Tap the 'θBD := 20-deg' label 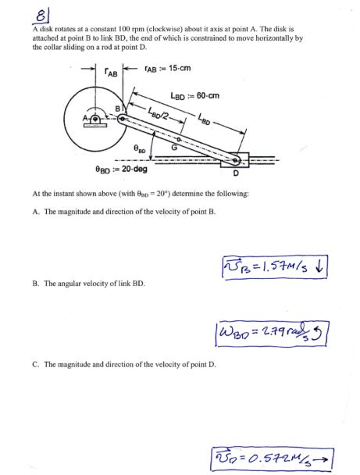[120, 169]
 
